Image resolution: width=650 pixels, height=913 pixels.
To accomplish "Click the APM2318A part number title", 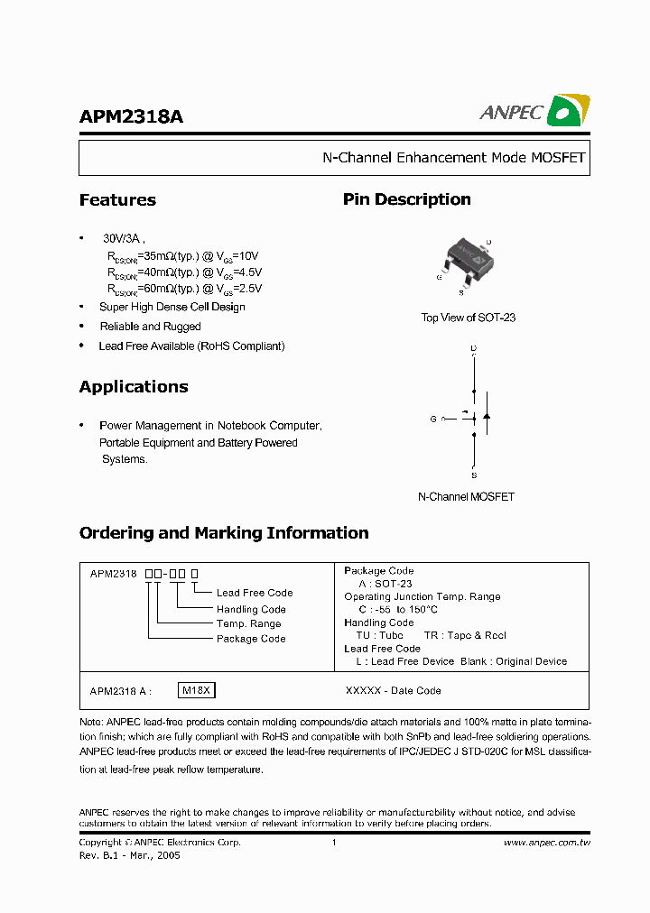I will (x=131, y=117).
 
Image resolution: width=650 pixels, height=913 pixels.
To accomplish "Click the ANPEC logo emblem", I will (x=568, y=111).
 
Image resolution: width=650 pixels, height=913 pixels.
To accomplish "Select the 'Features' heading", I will (x=117, y=200).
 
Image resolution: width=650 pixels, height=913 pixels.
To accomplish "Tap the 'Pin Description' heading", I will (x=406, y=199).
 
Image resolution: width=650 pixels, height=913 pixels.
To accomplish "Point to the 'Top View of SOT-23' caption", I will (x=468, y=318).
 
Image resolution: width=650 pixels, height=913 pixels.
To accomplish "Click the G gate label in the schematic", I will (x=433, y=420).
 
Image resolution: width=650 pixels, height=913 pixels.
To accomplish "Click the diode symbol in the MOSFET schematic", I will (x=487, y=416).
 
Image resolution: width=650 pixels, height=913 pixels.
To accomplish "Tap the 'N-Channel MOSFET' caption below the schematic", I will (x=466, y=497).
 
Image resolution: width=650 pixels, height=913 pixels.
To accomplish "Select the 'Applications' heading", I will (x=134, y=387).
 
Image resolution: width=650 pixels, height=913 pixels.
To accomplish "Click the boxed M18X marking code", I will (x=197, y=691).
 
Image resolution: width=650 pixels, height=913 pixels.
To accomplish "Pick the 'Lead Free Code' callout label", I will (x=255, y=593).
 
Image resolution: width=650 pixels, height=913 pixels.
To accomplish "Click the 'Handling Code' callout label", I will (x=251, y=609).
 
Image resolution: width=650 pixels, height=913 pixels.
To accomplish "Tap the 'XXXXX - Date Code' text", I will (x=394, y=691).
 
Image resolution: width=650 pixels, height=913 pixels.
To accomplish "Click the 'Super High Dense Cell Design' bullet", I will (x=172, y=307).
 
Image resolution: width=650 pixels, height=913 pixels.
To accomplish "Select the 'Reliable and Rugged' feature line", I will (x=150, y=327).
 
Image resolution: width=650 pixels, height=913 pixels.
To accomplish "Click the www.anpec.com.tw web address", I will (x=546, y=843).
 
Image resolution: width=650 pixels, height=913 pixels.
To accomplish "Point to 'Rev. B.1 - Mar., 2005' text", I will (x=130, y=855).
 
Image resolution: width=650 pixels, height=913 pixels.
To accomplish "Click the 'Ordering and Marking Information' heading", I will (x=224, y=533).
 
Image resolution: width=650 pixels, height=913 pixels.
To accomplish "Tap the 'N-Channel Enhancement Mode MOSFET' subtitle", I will (x=454, y=158).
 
